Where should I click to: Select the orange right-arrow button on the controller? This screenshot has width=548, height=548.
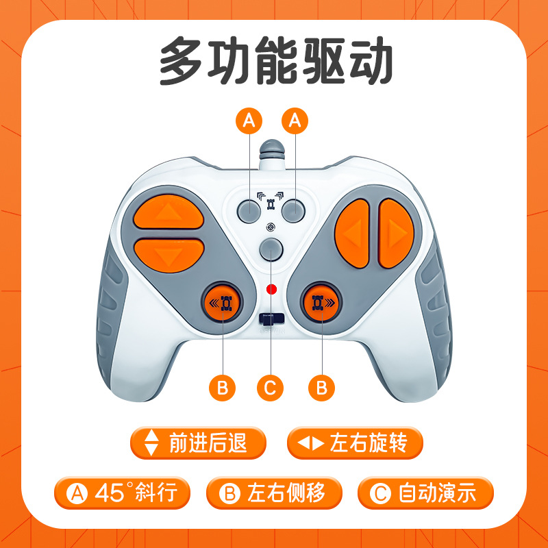tap(396, 233)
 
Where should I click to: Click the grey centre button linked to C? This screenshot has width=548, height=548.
tap(272, 250)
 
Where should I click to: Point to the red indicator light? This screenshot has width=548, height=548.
tap(272, 288)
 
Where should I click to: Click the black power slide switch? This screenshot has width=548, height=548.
tap(272, 319)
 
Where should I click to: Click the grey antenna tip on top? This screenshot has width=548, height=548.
tap(271, 148)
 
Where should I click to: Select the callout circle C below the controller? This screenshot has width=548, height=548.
tap(271, 388)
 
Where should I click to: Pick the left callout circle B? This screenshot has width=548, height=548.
tap(222, 388)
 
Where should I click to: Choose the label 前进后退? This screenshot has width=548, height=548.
tap(197, 443)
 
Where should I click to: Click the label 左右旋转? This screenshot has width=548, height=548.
tap(355, 443)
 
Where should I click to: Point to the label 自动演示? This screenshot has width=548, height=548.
tap(425, 492)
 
